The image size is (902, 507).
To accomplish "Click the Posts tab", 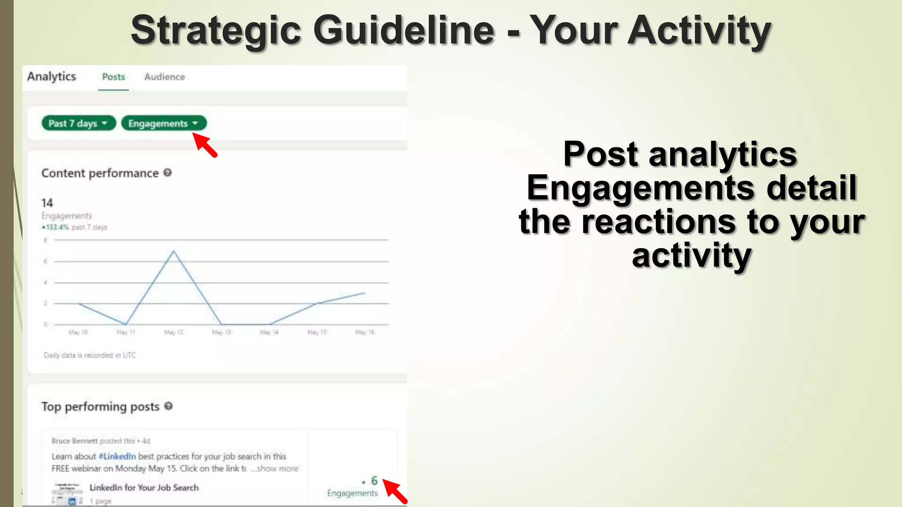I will pos(114,77).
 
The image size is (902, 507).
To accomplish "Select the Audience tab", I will pos(164,77).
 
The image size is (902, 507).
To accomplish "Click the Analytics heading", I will pos(52,77).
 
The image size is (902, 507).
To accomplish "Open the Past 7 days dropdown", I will pos(78,123).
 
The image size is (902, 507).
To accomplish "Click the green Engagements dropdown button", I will pos(163,123).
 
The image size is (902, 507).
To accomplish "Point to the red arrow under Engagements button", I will pos(205,145).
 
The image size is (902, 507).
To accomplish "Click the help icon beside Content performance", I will pos(167,173).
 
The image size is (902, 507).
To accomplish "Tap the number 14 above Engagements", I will pos(47,203).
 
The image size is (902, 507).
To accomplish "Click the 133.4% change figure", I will pos(57,227).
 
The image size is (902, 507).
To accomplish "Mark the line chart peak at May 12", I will pos(174,251).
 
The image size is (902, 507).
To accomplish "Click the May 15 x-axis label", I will pos(317,332).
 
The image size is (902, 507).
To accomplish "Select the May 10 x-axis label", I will pos(78,332).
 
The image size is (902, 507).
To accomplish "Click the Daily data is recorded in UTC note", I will pos(90,355).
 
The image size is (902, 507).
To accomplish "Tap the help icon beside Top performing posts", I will pos(168,406).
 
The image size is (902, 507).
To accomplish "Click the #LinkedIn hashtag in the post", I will pos(117,456).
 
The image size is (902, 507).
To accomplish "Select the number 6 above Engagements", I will pos(374,481).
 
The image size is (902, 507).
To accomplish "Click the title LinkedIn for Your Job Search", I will pos(144,488).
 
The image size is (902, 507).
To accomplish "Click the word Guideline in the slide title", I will pos(404,30).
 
